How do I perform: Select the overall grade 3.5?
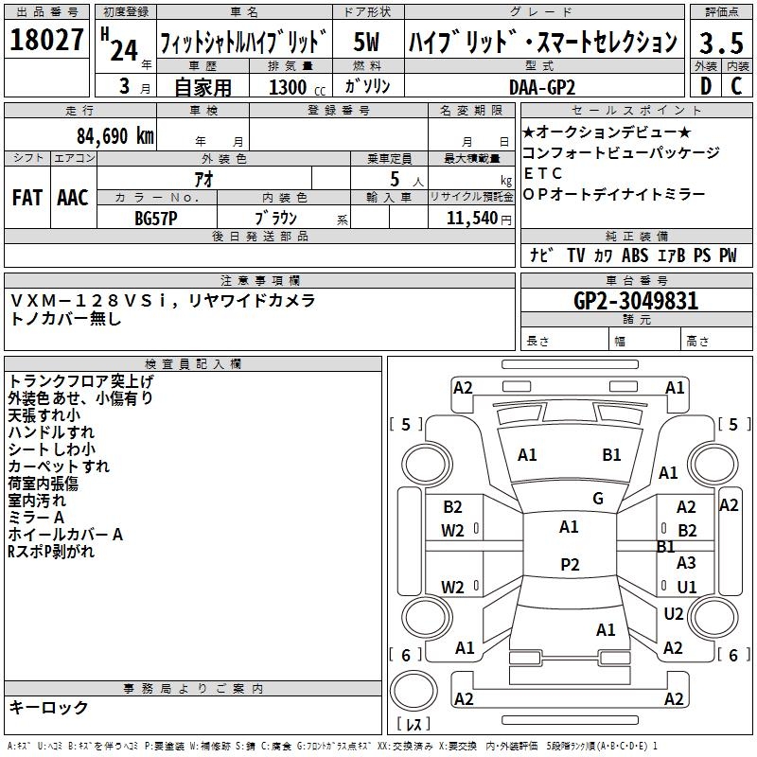pyautogui.click(x=720, y=43)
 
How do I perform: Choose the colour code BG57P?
pyautogui.click(x=156, y=218)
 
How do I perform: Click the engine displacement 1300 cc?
pyautogui.click(x=294, y=88)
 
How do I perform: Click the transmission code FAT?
pyautogui.click(x=26, y=198)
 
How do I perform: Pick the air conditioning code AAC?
pyautogui.click(x=73, y=198)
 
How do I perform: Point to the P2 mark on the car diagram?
pyautogui.click(x=570, y=565)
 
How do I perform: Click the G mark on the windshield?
pyautogui.click(x=597, y=499)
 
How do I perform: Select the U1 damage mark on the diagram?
pyautogui.click(x=686, y=587)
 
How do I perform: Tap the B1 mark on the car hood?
pyautogui.click(x=612, y=455)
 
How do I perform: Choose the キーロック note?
pyautogui.click(x=48, y=708)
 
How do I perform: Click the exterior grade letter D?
pyautogui.click(x=705, y=86)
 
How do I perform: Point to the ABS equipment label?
pyautogui.click(x=635, y=255)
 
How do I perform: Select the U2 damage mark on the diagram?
pyautogui.click(x=673, y=614)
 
